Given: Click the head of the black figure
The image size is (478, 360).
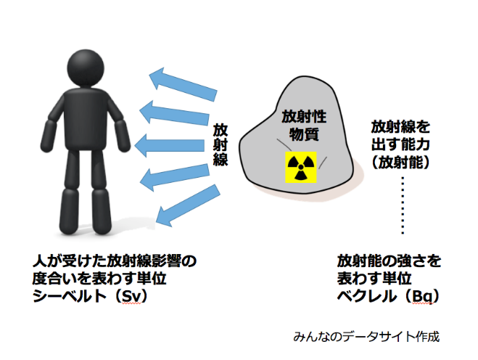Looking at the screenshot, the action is (86, 67).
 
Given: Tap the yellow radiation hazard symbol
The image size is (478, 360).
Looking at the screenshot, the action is (300, 167).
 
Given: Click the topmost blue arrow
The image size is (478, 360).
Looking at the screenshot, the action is (183, 84).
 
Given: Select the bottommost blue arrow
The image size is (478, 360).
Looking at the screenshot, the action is (187, 205).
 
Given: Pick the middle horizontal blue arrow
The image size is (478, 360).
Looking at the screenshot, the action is (169, 145).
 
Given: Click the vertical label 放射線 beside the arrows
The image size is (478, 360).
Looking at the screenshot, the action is (221, 144).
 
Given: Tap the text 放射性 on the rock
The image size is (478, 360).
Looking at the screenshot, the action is (304, 117).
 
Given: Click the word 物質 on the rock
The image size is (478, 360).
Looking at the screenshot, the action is (304, 134).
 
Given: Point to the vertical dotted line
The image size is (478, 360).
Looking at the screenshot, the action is (403, 205).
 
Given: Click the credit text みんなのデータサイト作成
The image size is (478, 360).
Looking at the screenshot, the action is (366, 337).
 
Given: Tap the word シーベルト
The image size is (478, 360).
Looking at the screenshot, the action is (70, 296).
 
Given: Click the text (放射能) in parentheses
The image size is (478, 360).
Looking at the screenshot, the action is (400, 163).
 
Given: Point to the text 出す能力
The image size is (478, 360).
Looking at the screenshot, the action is (400, 144).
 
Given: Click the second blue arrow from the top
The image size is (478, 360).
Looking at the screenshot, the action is (174, 112).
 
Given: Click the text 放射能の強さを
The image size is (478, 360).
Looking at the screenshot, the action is (389, 261).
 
